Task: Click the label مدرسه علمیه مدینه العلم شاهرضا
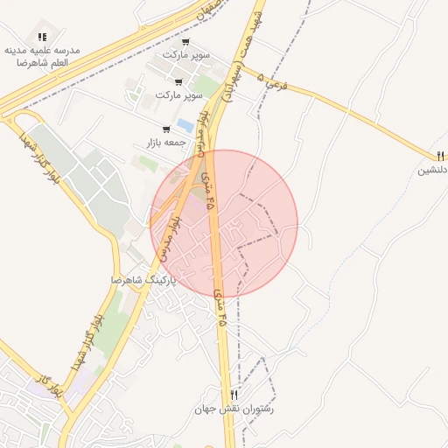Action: tap(43, 57)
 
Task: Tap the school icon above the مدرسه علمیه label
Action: tap(42, 37)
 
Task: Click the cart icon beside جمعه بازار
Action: tap(166, 129)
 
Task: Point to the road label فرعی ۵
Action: tap(273, 83)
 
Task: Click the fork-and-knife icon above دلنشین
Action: tap(440, 156)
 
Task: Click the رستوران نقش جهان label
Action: tap(234, 409)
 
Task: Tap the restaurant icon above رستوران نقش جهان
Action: tap(234, 395)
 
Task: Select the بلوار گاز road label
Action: tap(50, 385)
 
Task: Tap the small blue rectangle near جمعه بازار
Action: tap(185, 125)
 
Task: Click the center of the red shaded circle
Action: tap(224, 223)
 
